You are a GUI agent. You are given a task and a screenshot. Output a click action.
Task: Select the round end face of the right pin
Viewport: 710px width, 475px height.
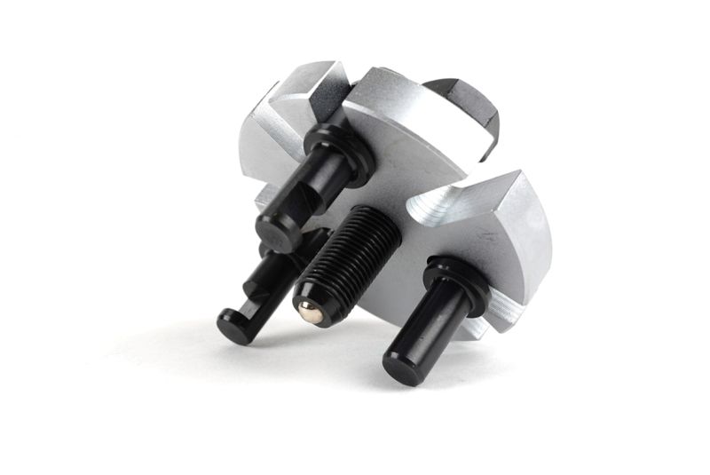(402, 365)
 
